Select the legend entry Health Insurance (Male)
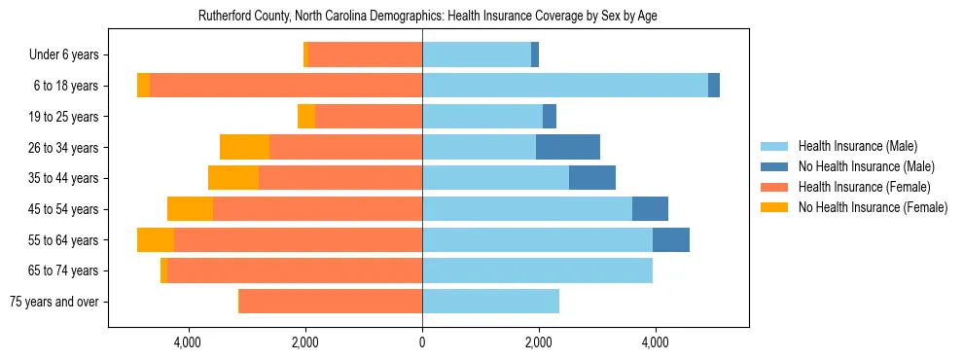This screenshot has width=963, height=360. (856, 146)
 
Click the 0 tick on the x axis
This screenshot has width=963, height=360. (422, 342)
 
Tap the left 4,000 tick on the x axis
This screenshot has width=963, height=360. (188, 342)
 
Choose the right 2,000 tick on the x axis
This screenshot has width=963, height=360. (539, 342)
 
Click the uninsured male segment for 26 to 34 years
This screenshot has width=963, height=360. (568, 147)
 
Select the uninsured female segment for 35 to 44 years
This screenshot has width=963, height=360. (233, 178)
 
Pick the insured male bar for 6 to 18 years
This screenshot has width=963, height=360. (565, 86)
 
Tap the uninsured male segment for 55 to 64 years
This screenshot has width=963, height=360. (671, 239)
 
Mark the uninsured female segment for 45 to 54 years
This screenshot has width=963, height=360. (190, 209)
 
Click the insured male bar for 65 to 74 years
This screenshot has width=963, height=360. (537, 270)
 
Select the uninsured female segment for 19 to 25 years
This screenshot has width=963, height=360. (306, 117)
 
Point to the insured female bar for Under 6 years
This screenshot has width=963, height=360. (366, 55)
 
